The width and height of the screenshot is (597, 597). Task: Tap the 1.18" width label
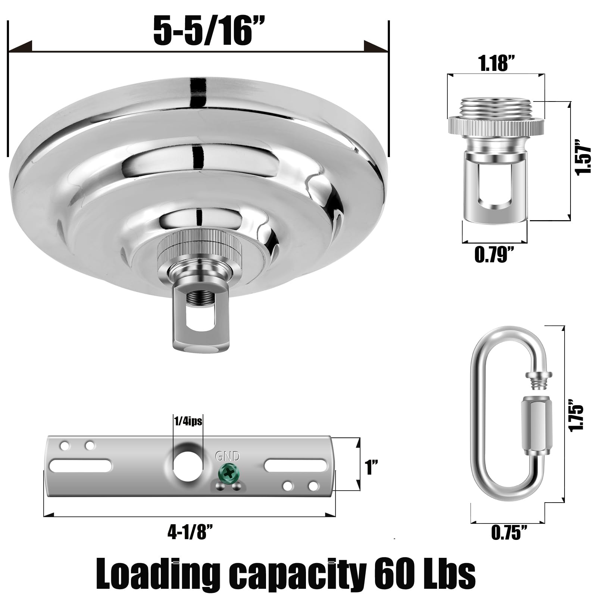pyautogui.click(x=494, y=64)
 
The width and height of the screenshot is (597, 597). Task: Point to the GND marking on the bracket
pyautogui.click(x=227, y=456)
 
